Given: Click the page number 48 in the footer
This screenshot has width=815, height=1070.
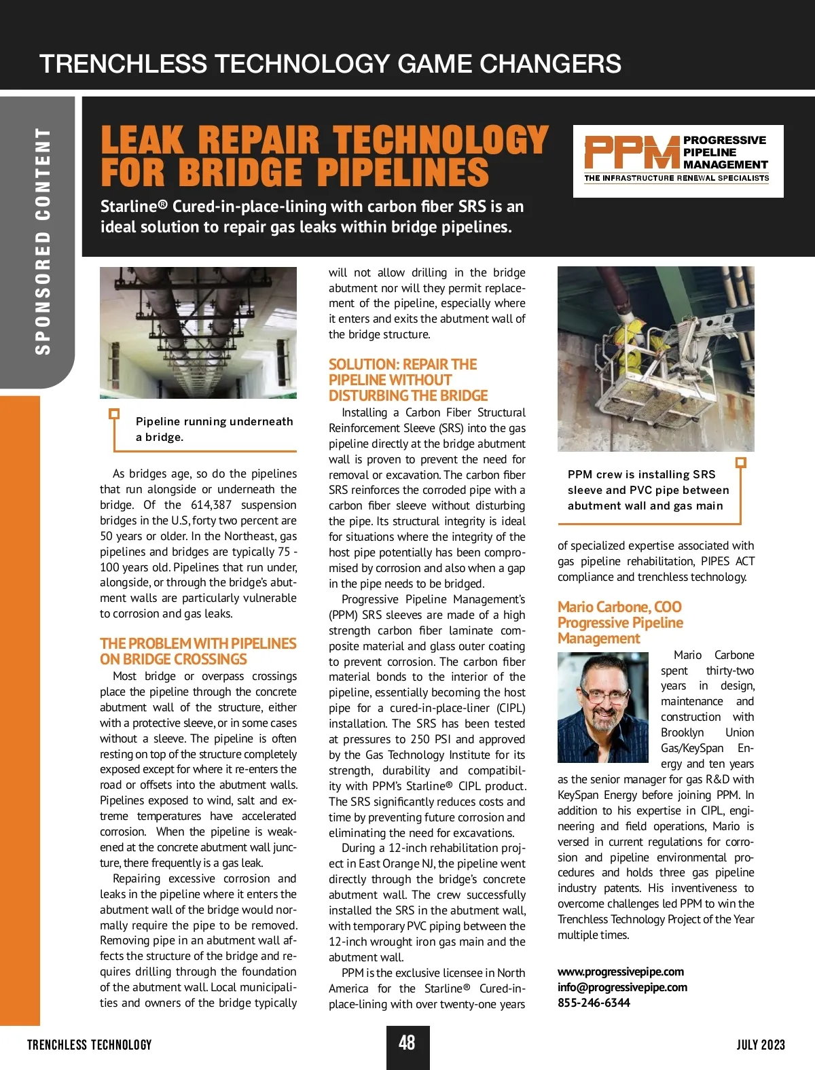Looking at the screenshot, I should coord(407,1043).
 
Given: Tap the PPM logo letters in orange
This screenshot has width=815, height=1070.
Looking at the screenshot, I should coord(632,152).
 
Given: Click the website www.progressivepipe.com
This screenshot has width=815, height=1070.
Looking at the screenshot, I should coord(621,971).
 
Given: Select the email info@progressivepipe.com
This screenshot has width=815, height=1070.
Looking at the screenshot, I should coord(622,987).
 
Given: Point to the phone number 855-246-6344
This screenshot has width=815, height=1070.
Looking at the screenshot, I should coord(594,1003).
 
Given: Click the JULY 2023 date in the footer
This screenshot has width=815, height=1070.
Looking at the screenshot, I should coord(761,1045).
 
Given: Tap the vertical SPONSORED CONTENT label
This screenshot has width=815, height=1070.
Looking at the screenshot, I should coord(43,241).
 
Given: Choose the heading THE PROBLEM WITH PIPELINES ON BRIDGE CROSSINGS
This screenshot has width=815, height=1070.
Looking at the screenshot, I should coord(198,651).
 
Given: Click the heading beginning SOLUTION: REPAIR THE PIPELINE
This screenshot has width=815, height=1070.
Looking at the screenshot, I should coord(407,380).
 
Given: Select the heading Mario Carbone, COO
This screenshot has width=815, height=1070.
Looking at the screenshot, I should coord(619,607).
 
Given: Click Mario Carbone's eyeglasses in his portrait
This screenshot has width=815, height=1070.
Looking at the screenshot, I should coord(601,696).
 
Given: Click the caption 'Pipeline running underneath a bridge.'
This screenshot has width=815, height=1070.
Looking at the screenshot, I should coord(214,429).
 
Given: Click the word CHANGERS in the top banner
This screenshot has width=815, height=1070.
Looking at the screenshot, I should coord(550,64).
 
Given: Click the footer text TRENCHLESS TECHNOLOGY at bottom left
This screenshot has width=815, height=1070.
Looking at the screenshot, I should coord(89,1045).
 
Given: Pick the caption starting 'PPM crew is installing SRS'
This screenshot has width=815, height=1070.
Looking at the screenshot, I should coord(648,490).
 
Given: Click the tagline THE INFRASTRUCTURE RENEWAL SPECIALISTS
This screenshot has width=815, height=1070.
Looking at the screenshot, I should coord(676,178).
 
